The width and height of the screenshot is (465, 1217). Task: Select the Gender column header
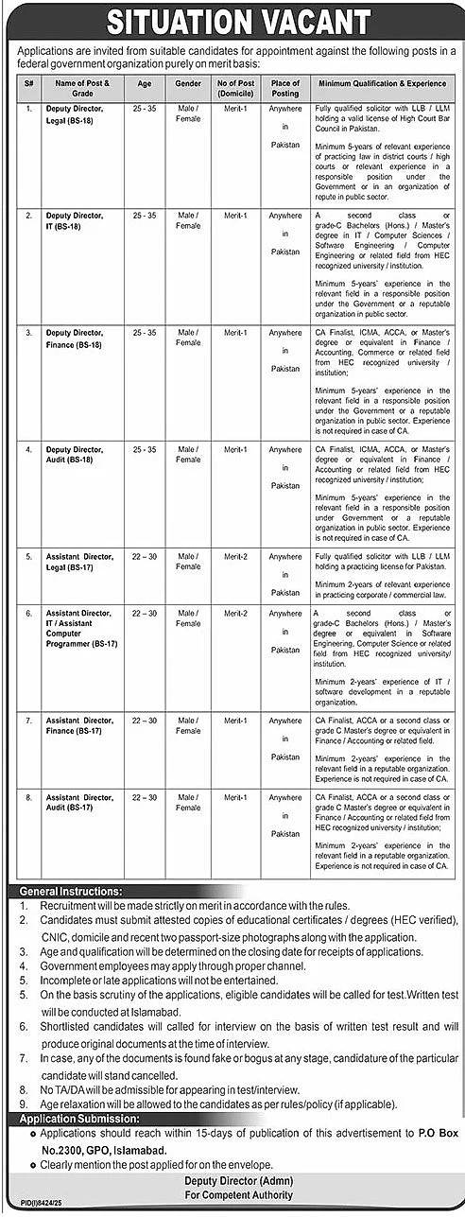click(189, 88)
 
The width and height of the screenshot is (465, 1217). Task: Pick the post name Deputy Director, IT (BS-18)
click(75, 220)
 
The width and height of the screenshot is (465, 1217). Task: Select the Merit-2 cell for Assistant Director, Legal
click(235, 557)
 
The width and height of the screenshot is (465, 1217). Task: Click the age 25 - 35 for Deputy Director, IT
click(144, 216)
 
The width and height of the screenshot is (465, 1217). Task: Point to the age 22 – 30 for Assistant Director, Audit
click(144, 797)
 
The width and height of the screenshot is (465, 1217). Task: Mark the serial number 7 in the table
click(28, 721)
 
